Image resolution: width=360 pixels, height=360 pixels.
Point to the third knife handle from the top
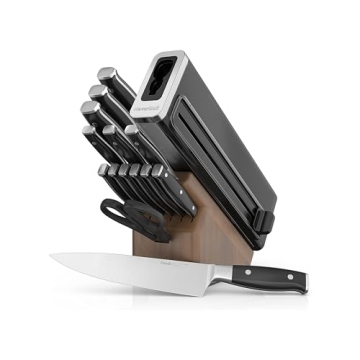click(91, 112)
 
